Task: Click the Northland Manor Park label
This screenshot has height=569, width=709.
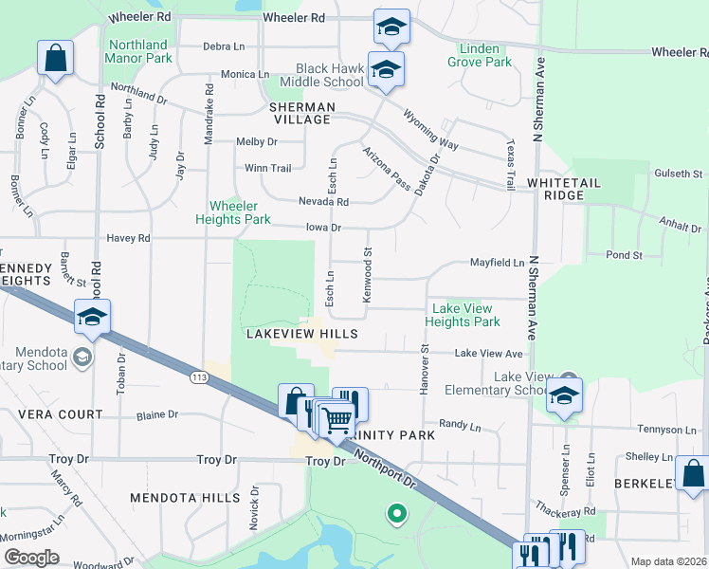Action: (x=140, y=51)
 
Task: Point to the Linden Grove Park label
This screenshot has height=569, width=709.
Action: (x=485, y=55)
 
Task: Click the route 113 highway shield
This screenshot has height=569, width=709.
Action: (x=198, y=378)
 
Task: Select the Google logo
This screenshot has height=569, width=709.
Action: (x=31, y=558)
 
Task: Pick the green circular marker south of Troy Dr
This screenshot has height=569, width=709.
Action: (x=396, y=515)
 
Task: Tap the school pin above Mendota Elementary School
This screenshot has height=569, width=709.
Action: (x=92, y=318)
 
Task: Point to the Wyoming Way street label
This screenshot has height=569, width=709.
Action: (x=430, y=131)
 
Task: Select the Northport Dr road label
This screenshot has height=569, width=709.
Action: (x=385, y=468)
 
